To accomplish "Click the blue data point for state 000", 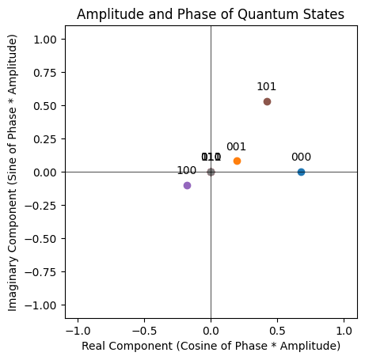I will [301, 172].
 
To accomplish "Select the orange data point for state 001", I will [237, 161].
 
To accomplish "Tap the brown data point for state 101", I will [267, 101].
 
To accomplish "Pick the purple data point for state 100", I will [187, 185].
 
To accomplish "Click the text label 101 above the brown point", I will [267, 87].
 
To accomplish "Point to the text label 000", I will [301, 157].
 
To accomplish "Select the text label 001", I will [237, 146].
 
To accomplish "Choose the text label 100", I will [187, 171].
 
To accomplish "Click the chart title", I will [211, 13].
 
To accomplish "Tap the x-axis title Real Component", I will [211, 346].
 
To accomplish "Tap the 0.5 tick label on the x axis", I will [278, 328].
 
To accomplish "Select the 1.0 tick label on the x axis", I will [344, 328].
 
